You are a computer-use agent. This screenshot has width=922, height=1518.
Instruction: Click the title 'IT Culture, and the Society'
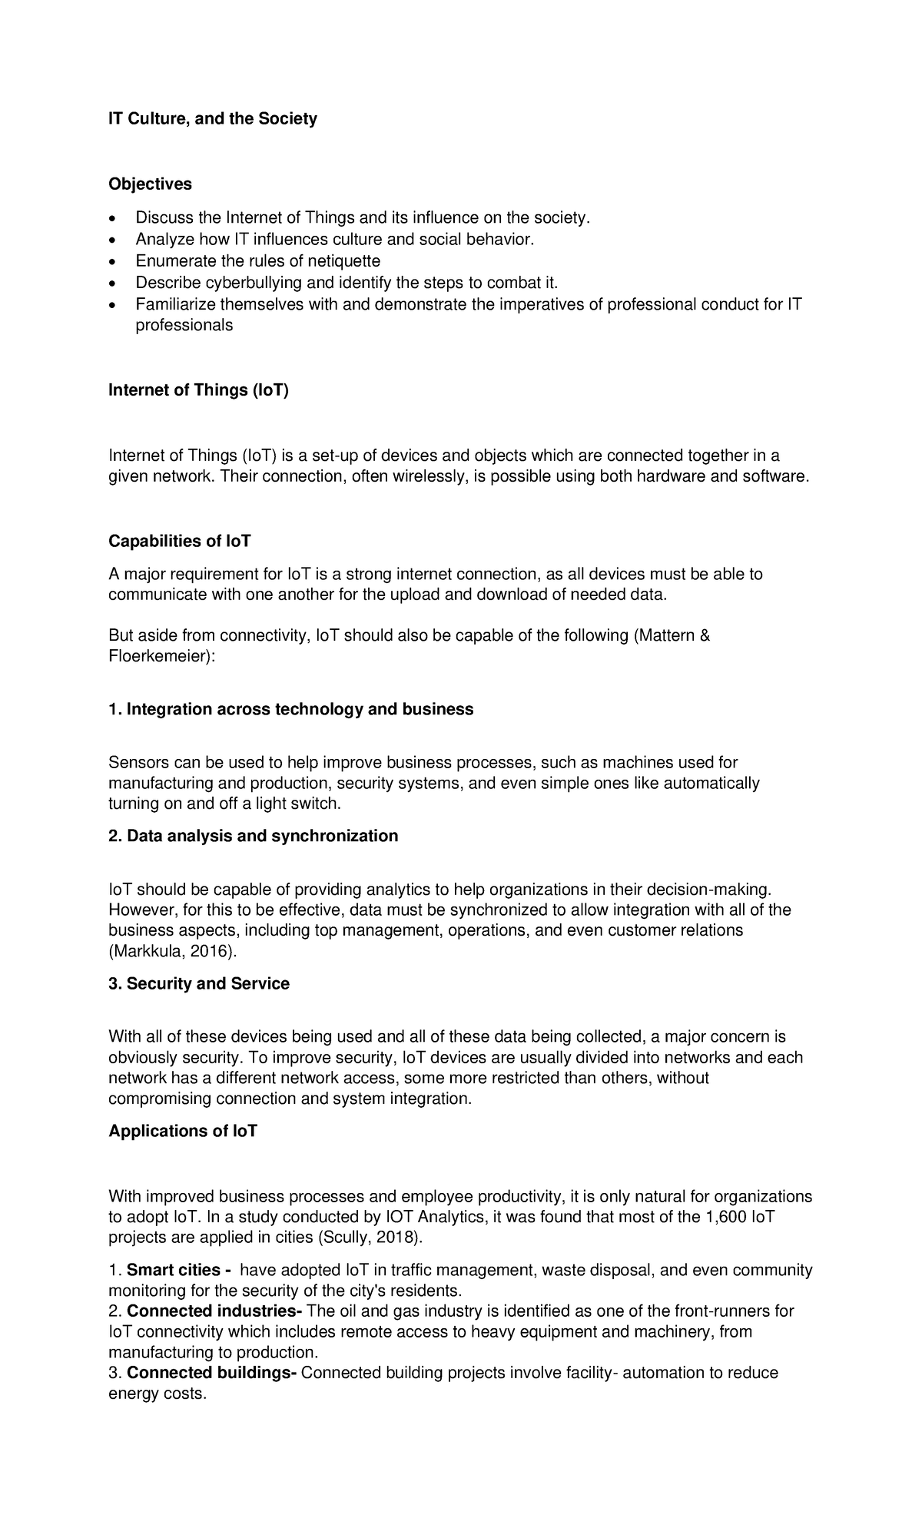click(212, 119)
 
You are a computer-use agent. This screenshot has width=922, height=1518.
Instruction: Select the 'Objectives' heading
click(150, 184)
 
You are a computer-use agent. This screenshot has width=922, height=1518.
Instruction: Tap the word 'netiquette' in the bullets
click(344, 261)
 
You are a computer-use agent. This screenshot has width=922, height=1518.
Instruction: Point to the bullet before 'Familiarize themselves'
click(113, 305)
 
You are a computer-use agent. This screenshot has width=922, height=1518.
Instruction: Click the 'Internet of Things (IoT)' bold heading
click(198, 390)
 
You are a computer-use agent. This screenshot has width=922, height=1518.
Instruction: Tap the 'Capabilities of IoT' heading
click(180, 542)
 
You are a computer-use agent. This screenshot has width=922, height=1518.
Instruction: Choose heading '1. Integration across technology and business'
click(290, 709)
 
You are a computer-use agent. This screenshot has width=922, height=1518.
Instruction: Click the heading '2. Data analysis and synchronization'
click(253, 836)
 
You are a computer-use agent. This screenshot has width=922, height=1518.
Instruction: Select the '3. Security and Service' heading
click(199, 984)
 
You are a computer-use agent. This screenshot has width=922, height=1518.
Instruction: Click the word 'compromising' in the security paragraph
click(159, 1099)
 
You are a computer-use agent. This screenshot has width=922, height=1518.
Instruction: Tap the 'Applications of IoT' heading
click(183, 1132)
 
